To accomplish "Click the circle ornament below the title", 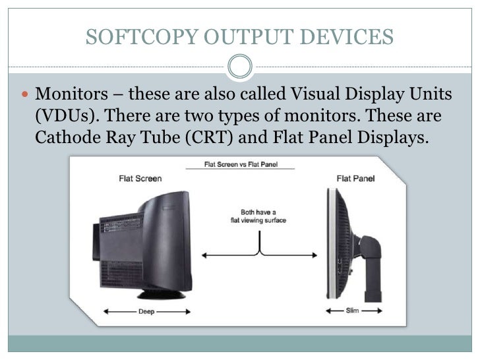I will tap(239, 65).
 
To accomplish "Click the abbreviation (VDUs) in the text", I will tap(63, 117).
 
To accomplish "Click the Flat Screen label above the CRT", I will tap(138, 178).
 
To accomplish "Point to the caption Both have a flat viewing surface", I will tap(262, 216).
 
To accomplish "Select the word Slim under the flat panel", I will tap(353, 311).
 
